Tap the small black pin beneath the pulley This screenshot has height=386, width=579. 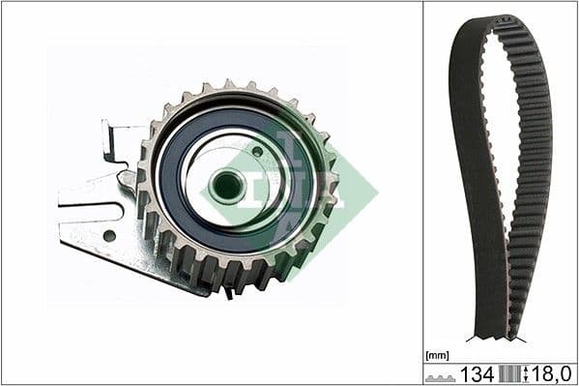227,291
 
